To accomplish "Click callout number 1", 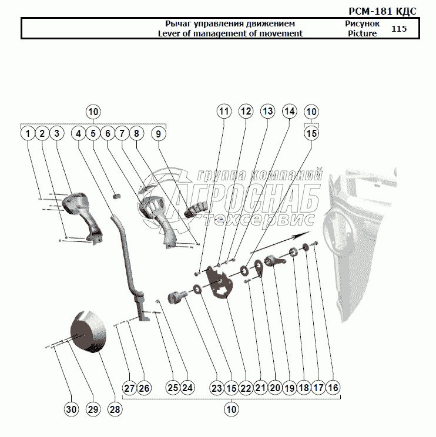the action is coord(28,133).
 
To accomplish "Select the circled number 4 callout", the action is coord(78,133).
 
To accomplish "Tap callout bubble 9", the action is coord(158,133).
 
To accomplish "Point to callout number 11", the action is coord(224,111).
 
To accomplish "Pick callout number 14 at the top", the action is coord(289,111).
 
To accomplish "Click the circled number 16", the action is coord(333,388).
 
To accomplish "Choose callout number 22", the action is coord(246,388).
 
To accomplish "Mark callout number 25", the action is coord(173,388).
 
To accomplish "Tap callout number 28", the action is coord(115,409).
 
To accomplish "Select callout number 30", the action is coord(71,409).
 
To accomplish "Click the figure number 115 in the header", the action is coord(399,29).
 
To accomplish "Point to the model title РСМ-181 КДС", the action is coord(383,11).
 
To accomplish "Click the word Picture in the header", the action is coord(362,33).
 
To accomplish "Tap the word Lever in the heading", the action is coord(167,33).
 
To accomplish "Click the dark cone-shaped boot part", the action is coord(88,332).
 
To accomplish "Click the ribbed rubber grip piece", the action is coord(196,210).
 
